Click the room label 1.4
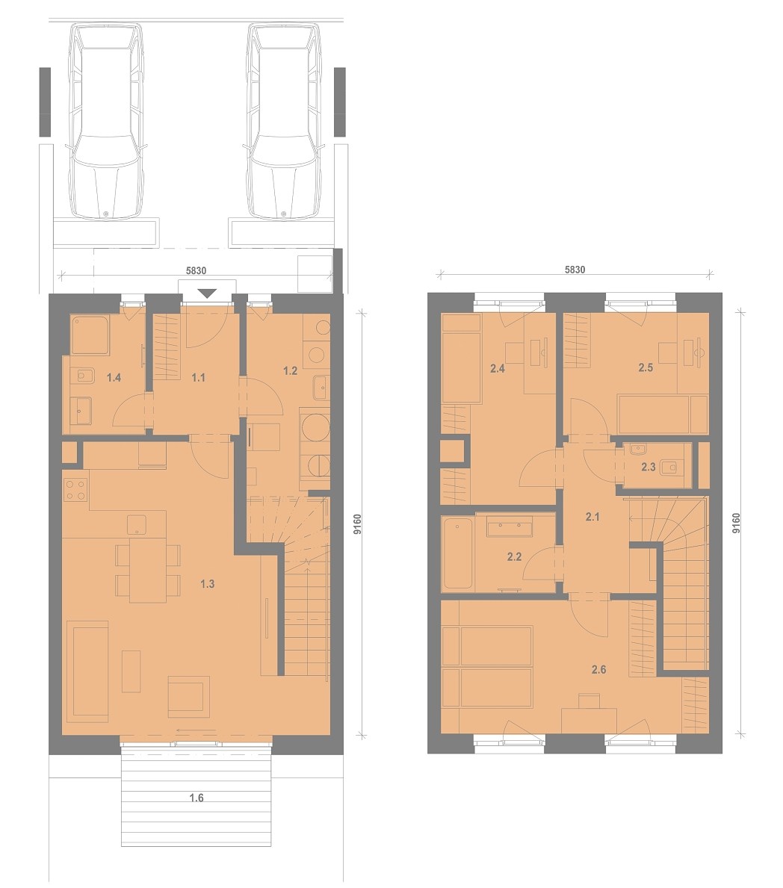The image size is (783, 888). (x=114, y=378)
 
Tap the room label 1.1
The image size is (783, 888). (x=198, y=378)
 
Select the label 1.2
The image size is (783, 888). (x=290, y=371)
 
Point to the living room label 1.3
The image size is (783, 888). (x=208, y=584)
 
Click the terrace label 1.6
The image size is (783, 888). (x=196, y=798)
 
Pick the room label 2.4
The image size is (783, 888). (x=498, y=369)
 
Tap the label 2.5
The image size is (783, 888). (x=646, y=367)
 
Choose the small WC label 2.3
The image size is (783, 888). (x=649, y=468)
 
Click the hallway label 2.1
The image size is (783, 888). (x=592, y=517)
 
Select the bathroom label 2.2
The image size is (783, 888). (x=514, y=557)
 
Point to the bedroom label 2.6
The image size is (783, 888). (x=599, y=669)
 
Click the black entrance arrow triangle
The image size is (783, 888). (x=208, y=293)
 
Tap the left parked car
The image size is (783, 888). (x=106, y=121)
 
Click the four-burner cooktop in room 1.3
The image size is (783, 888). (x=76, y=490)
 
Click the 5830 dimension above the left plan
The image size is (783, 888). (x=196, y=270)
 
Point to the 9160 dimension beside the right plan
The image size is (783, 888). (x=736, y=524)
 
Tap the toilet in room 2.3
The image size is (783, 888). (x=670, y=467)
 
